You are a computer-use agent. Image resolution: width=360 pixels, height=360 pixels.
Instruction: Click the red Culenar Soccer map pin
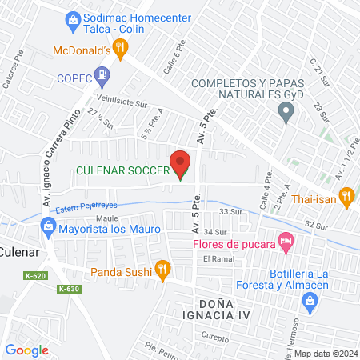(x=182, y=164)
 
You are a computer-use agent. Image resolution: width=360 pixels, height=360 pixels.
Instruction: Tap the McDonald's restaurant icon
(x=121, y=50)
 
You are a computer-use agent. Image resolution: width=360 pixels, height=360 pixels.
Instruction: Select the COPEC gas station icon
(x=102, y=78)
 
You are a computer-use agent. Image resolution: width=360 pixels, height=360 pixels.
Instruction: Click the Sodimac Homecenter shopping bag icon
(x=73, y=17)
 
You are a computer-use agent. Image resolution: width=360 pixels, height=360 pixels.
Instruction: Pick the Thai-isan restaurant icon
(x=346, y=196)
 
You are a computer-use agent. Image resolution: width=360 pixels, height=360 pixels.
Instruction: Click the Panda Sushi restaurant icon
(x=162, y=270)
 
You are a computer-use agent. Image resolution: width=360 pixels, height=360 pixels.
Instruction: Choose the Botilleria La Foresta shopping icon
(x=309, y=300)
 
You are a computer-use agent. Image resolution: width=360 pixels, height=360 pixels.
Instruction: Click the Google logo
(x=26, y=350)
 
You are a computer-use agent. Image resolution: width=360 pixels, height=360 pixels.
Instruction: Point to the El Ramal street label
(x=217, y=259)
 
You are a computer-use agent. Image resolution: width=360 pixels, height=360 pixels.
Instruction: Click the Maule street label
(x=107, y=218)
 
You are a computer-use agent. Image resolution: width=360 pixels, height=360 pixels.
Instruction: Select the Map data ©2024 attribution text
(x=325, y=354)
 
